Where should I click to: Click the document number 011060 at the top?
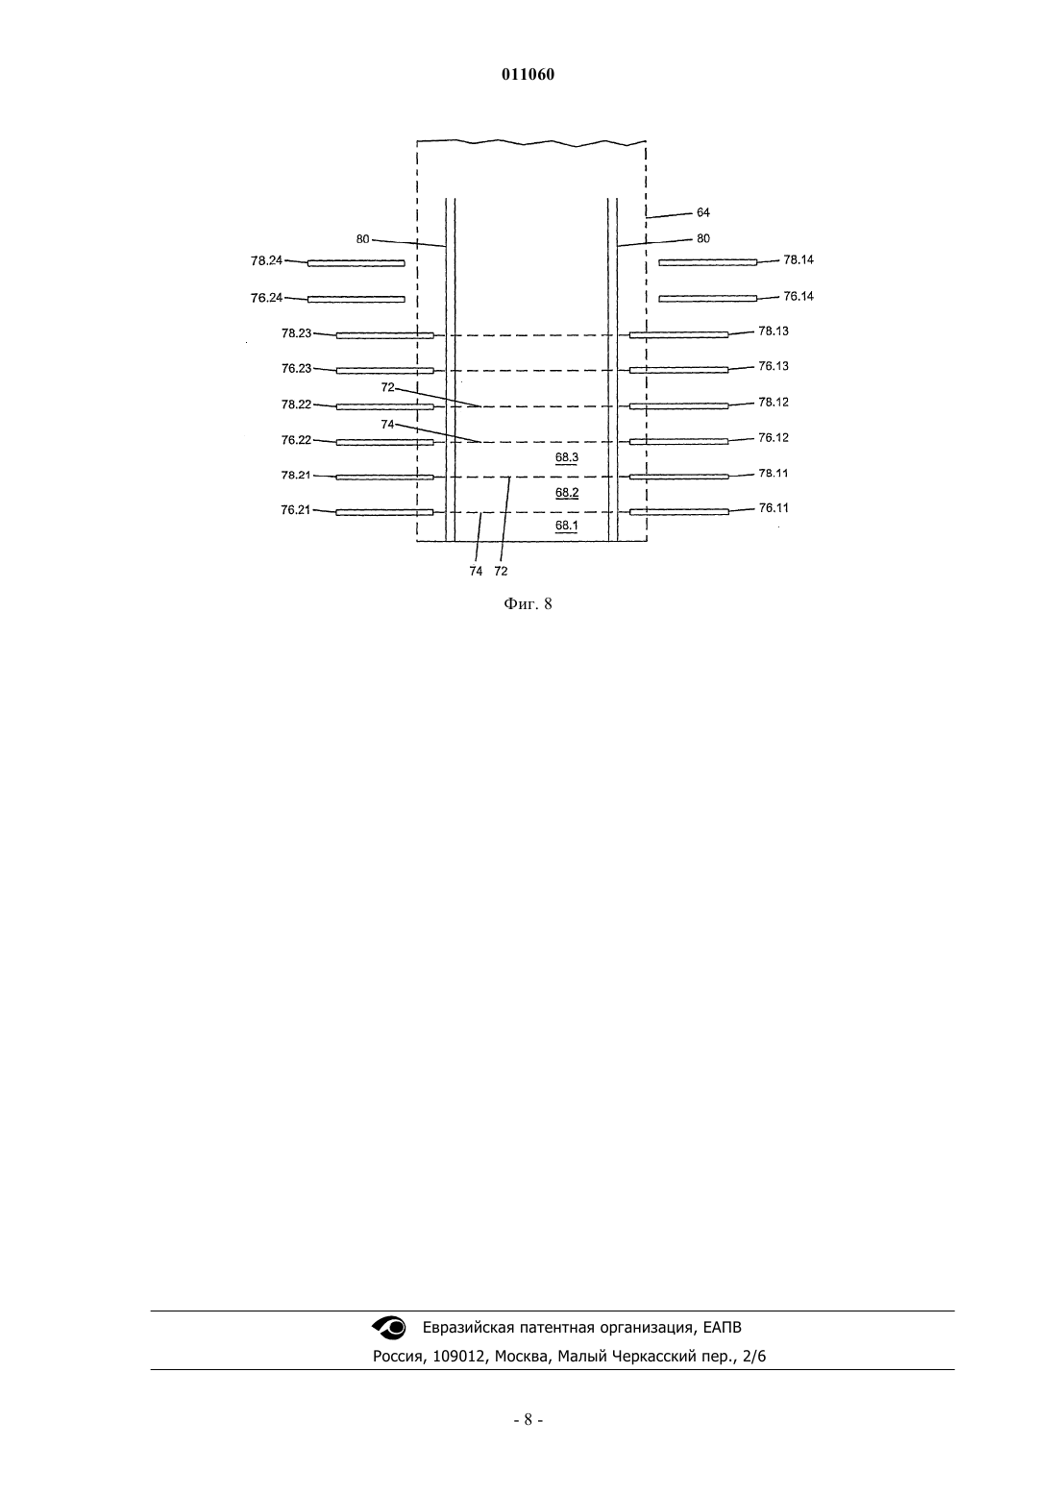(x=528, y=75)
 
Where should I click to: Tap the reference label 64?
(x=703, y=213)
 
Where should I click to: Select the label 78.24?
(x=267, y=261)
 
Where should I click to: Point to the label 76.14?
(x=799, y=296)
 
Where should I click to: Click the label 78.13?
(x=774, y=331)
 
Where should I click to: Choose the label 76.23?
(x=296, y=368)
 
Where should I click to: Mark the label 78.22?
(x=296, y=404)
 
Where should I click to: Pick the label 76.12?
(x=774, y=438)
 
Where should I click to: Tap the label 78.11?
(x=774, y=474)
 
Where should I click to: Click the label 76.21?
(x=296, y=510)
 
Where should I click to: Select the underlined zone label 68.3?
(x=567, y=458)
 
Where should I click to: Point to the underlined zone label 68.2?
(x=567, y=493)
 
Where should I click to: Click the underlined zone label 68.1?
(x=567, y=526)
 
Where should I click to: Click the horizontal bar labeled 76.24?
(x=356, y=299)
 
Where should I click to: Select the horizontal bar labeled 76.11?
(x=679, y=512)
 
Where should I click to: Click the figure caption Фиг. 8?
(x=528, y=604)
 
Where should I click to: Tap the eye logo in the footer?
(x=389, y=1328)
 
